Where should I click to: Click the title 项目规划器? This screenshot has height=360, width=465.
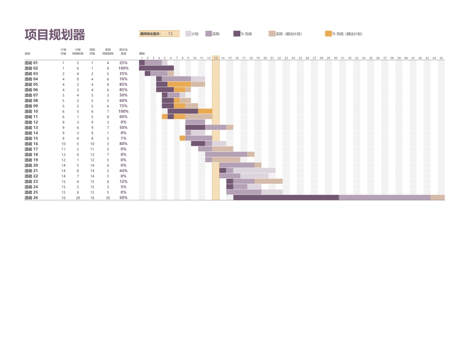point(55,35)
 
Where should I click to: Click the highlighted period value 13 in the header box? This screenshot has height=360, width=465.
point(170,34)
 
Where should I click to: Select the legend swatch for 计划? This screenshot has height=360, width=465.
point(188,34)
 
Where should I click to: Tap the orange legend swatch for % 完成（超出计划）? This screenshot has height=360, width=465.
point(328,34)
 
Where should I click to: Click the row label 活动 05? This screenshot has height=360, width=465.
point(31,84)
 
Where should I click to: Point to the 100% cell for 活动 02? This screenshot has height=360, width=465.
point(123,68)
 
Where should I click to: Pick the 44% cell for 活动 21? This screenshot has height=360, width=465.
point(123,170)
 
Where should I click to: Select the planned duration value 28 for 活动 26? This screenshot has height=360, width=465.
point(77,197)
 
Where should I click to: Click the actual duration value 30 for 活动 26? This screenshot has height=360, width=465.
point(108,197)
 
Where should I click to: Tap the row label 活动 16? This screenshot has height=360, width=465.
point(31,144)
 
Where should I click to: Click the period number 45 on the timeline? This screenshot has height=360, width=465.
point(441,58)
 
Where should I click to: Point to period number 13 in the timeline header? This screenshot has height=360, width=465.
point(215,58)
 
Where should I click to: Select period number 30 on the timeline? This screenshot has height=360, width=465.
point(336,58)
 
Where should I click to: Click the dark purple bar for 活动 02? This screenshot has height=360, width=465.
point(156,68)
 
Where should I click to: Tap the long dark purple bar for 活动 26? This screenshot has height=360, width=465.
point(286,197)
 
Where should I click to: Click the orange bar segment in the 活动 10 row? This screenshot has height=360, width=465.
point(205,111)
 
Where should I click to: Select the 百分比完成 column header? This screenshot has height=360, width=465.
point(123,51)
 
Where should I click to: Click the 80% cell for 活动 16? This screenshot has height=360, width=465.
point(123,144)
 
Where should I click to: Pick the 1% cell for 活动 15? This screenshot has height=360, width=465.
point(123,138)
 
